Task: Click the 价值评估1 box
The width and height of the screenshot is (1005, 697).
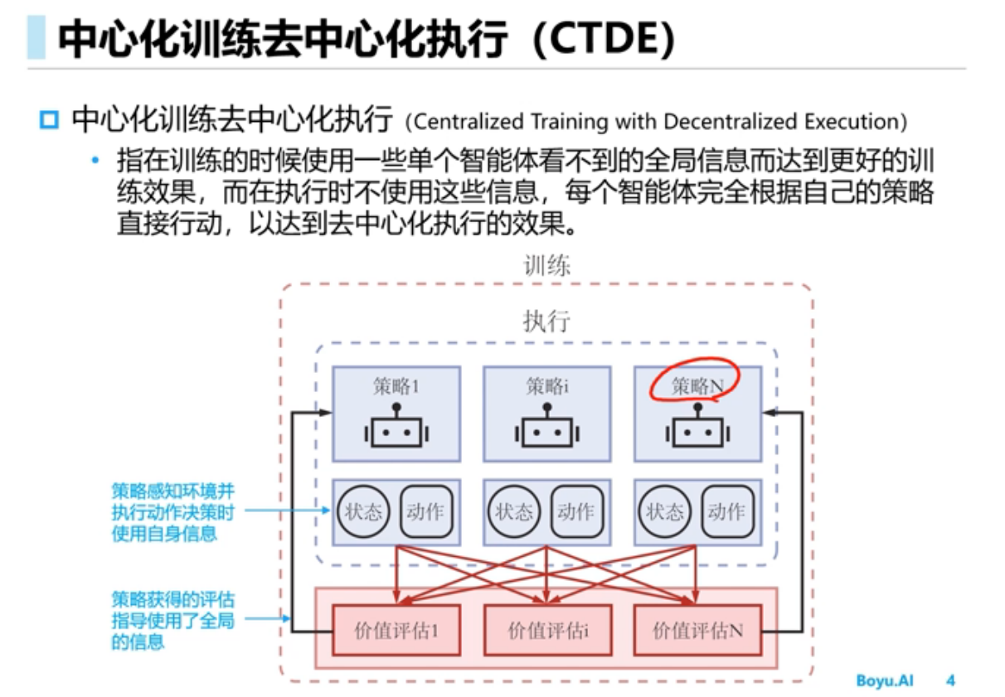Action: tap(396, 631)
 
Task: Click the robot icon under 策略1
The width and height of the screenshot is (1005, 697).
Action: tap(396, 428)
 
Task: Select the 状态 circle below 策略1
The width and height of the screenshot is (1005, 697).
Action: tap(363, 511)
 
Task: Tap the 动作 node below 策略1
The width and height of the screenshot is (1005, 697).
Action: tap(426, 511)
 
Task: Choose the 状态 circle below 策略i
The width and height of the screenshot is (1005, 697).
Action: tap(514, 511)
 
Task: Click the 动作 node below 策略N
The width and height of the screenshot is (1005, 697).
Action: tap(727, 511)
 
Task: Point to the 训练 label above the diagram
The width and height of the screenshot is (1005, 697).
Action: tap(546, 265)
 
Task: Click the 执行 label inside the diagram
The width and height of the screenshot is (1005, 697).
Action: tap(546, 321)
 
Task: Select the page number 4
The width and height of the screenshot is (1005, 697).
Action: tap(950, 680)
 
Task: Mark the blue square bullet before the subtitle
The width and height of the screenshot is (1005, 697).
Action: tap(50, 121)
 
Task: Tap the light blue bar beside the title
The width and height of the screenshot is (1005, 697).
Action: tap(36, 39)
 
